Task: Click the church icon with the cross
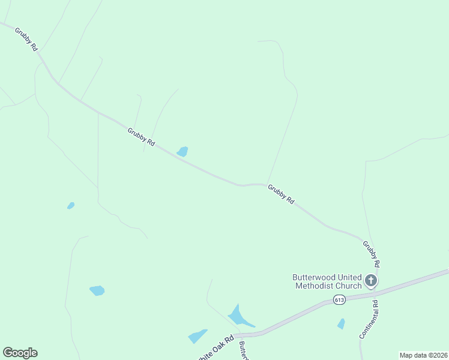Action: coord(371,280)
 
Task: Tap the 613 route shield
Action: coord(340,301)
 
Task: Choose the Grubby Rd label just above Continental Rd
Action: coord(371,254)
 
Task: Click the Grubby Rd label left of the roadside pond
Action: coord(142,137)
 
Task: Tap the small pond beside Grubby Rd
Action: coord(182,152)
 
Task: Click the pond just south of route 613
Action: coord(342,324)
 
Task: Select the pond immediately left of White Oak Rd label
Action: coord(197,337)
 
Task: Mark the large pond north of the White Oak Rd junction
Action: coord(238,316)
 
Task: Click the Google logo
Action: coord(20,353)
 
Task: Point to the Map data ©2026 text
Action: coord(423,355)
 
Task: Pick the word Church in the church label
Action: coord(349,286)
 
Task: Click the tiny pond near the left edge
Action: coord(71,206)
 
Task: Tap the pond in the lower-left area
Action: coord(97,290)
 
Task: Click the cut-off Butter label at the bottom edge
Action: coord(244,352)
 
